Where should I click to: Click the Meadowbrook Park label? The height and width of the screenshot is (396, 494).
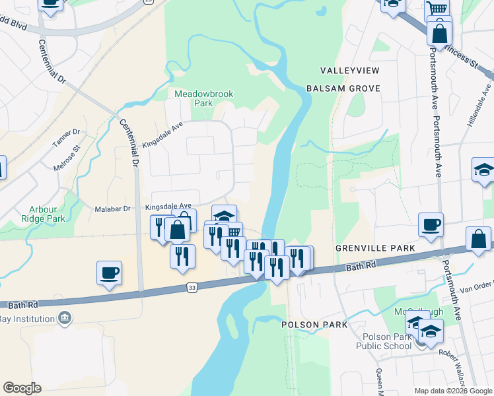tap(203, 98)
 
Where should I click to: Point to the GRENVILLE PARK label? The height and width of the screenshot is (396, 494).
tap(375, 247)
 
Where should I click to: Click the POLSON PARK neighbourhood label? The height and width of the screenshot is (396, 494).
tap(314, 325)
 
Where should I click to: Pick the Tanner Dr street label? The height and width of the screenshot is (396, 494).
tap(66, 137)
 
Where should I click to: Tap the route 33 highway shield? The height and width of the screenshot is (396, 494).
tap(192, 288)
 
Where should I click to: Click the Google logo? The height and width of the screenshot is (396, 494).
tap(22, 388)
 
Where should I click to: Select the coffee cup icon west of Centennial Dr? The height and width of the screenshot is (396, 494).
tap(110, 272)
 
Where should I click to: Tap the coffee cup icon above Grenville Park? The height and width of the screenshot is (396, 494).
tap(431, 224)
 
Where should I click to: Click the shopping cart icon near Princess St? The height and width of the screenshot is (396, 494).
tap(437, 9)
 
